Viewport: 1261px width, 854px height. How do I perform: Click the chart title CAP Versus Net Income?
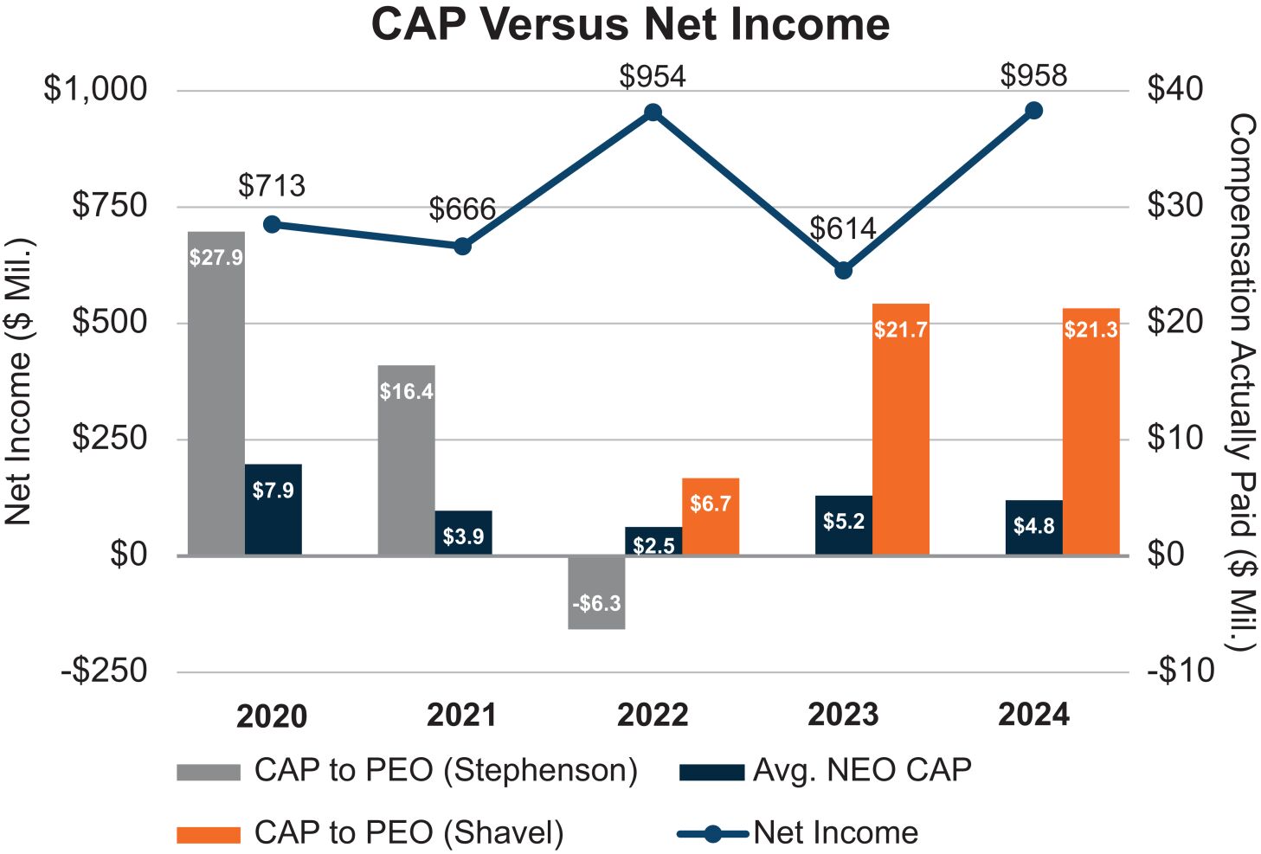pos(630,24)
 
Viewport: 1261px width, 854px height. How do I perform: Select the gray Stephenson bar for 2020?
pos(216,393)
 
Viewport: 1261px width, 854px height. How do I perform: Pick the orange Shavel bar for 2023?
pos(900,429)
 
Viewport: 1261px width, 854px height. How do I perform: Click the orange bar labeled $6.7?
pos(711,517)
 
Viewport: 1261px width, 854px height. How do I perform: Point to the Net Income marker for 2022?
pos(653,112)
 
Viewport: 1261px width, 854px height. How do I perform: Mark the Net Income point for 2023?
pos(844,271)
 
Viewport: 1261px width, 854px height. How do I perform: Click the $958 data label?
pos(1033,76)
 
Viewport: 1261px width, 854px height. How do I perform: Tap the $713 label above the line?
pos(272,186)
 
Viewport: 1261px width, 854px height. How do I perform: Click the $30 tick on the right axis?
pos(1174,206)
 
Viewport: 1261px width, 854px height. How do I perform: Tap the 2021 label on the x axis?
pos(462,716)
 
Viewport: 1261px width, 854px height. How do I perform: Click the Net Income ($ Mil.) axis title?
pos(19,381)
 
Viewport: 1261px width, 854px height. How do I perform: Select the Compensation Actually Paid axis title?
pos(1241,381)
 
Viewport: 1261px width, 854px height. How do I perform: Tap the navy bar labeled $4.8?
pos(1033,527)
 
